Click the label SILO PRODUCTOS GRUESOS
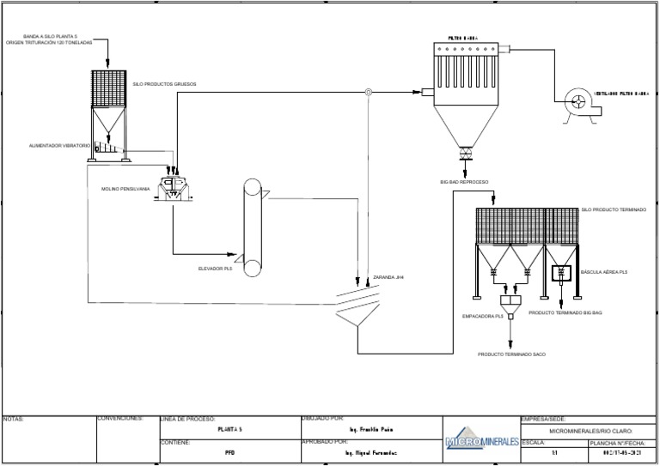tap(165, 84)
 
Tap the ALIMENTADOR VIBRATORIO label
tap(59, 146)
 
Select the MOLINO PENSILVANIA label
tap(125, 187)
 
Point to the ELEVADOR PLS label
tap(216, 268)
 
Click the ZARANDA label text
tap(388, 278)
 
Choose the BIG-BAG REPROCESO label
tap(465, 182)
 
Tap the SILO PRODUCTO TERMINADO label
tap(614, 209)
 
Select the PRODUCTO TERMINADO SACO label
tap(512, 353)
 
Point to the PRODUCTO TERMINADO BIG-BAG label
tap(565, 312)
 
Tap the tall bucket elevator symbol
tap(252, 226)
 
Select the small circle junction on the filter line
tap(368, 92)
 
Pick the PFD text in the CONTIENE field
tap(229, 451)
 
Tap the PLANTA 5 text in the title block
tap(230, 428)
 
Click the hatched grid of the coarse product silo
tap(110, 89)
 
